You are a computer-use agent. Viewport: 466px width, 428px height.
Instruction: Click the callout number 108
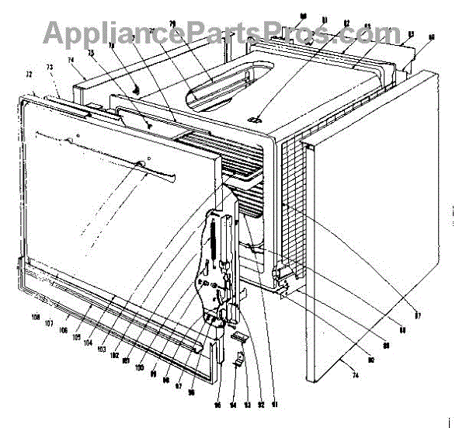(36, 318)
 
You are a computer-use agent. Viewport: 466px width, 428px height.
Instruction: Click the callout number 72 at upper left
(30, 75)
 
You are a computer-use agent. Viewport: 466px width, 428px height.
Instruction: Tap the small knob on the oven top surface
(255, 119)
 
